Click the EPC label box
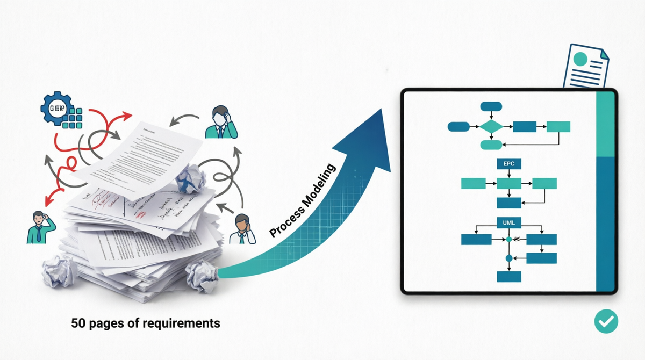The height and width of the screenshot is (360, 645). tap(509, 163)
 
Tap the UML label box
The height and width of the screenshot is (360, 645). tap(509, 222)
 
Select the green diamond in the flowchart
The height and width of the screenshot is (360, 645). tap(491, 127)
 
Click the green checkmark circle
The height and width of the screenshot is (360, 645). tap(606, 321)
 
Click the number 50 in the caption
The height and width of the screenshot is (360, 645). tap(78, 323)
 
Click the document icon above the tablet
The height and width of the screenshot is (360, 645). tap(585, 67)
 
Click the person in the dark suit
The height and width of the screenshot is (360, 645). tap(220, 121)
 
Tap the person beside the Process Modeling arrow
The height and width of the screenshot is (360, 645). tap(243, 229)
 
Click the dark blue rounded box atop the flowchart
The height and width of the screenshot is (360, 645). tap(491, 106)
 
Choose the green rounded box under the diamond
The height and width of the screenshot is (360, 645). tap(491, 144)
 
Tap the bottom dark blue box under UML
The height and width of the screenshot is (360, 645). tap(509, 276)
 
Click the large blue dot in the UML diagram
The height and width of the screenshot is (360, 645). tap(509, 258)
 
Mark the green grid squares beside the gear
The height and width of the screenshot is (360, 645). tap(72, 118)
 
